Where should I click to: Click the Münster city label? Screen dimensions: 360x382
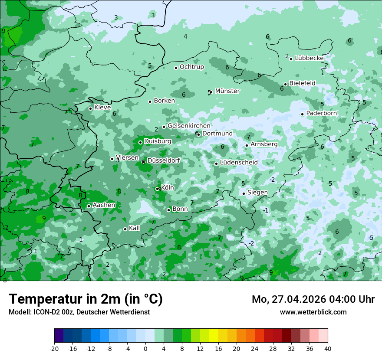coord(227,91)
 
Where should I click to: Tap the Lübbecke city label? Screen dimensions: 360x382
coord(309,58)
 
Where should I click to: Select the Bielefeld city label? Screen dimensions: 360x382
coord(302,83)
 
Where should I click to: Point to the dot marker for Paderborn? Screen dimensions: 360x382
coord(302,114)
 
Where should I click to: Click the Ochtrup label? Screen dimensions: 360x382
coord(191,67)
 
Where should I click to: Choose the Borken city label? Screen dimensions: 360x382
coord(164,101)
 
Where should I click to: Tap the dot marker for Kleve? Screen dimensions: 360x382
coord(90,108)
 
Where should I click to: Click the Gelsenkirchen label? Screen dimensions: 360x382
coord(189,126)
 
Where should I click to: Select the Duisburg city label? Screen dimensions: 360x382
coord(158,141)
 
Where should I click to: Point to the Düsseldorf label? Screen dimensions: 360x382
coord(164,161)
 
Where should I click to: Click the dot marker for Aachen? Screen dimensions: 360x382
coord(89,206)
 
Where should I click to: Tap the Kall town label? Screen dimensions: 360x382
coord(134,228)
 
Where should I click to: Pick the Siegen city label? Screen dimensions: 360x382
coord(257,193)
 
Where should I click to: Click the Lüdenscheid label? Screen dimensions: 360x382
coord(239,163)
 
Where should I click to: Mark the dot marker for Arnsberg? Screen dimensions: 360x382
coord(247,145)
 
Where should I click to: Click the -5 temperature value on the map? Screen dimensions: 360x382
coord(371,238)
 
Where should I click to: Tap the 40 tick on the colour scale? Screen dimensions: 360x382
coord(328,348)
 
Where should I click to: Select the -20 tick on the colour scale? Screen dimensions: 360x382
coord(54,348)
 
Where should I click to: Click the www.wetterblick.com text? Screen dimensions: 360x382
coord(313,312)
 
